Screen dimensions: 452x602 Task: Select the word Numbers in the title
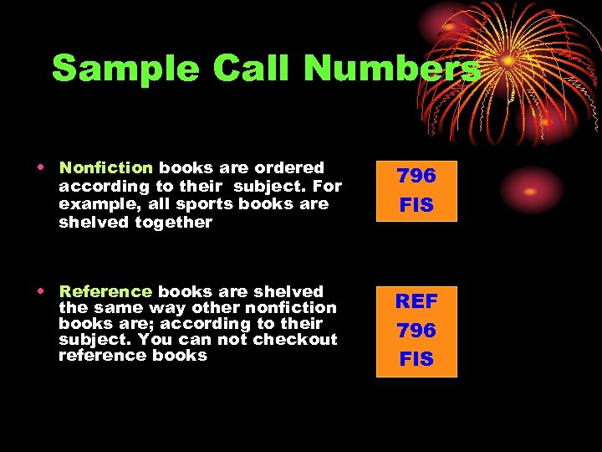pos(391,69)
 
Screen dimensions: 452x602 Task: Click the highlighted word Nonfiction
pos(106,167)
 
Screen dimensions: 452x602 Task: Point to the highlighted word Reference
pos(105,291)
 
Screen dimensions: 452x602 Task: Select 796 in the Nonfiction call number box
pos(416,176)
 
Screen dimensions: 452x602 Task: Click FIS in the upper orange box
pos(416,205)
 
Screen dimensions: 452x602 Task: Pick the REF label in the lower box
pos(416,301)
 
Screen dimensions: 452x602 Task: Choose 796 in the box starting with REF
pos(416,331)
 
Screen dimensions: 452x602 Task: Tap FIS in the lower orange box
pos(416,359)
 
